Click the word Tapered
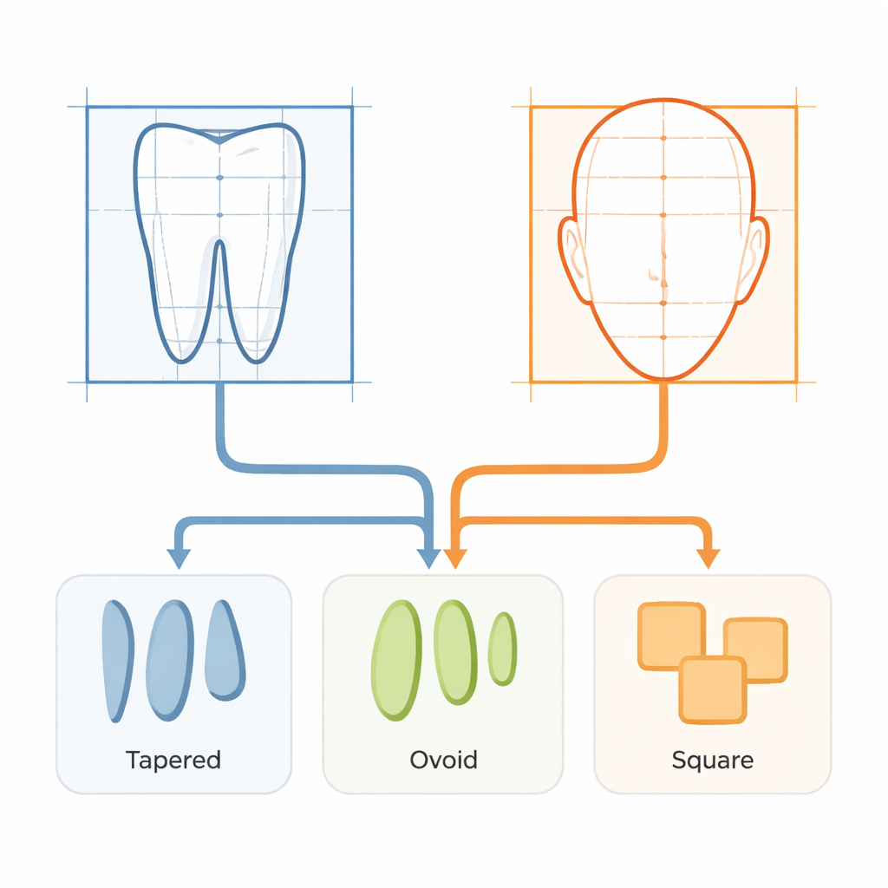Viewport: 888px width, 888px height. [x=173, y=760]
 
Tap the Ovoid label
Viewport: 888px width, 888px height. [x=443, y=760]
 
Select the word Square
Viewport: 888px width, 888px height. [x=713, y=761]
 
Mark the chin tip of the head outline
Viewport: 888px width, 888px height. [x=663, y=378]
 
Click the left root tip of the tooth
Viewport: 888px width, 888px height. [x=182, y=361]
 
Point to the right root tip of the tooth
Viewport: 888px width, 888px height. [x=257, y=361]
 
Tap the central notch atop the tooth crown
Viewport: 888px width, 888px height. [x=219, y=139]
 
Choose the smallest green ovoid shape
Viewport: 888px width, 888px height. [x=502, y=649]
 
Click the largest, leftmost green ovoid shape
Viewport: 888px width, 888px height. [x=396, y=660]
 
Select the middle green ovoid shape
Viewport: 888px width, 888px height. [x=455, y=652]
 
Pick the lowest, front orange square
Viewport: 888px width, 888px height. [x=713, y=689]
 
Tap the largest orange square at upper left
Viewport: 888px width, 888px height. [x=672, y=636]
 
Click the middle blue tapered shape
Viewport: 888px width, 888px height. [x=170, y=660]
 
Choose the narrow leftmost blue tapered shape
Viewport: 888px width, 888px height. [x=117, y=661]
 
